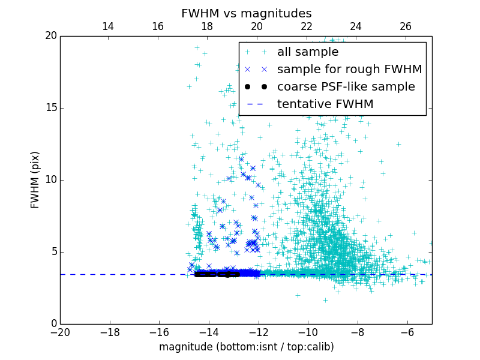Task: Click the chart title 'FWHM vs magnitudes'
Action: click(246, 13)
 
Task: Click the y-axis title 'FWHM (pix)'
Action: click(35, 180)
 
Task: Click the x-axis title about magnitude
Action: click(246, 347)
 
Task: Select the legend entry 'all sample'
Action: click(308, 52)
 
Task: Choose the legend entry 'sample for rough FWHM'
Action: click(349, 70)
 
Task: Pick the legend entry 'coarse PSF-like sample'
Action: click(346, 87)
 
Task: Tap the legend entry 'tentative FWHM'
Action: click(325, 104)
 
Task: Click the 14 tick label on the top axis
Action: click(108, 26)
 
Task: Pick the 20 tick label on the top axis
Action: click(257, 26)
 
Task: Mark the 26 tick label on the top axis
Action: click(406, 26)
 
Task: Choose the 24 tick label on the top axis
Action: click(356, 26)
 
